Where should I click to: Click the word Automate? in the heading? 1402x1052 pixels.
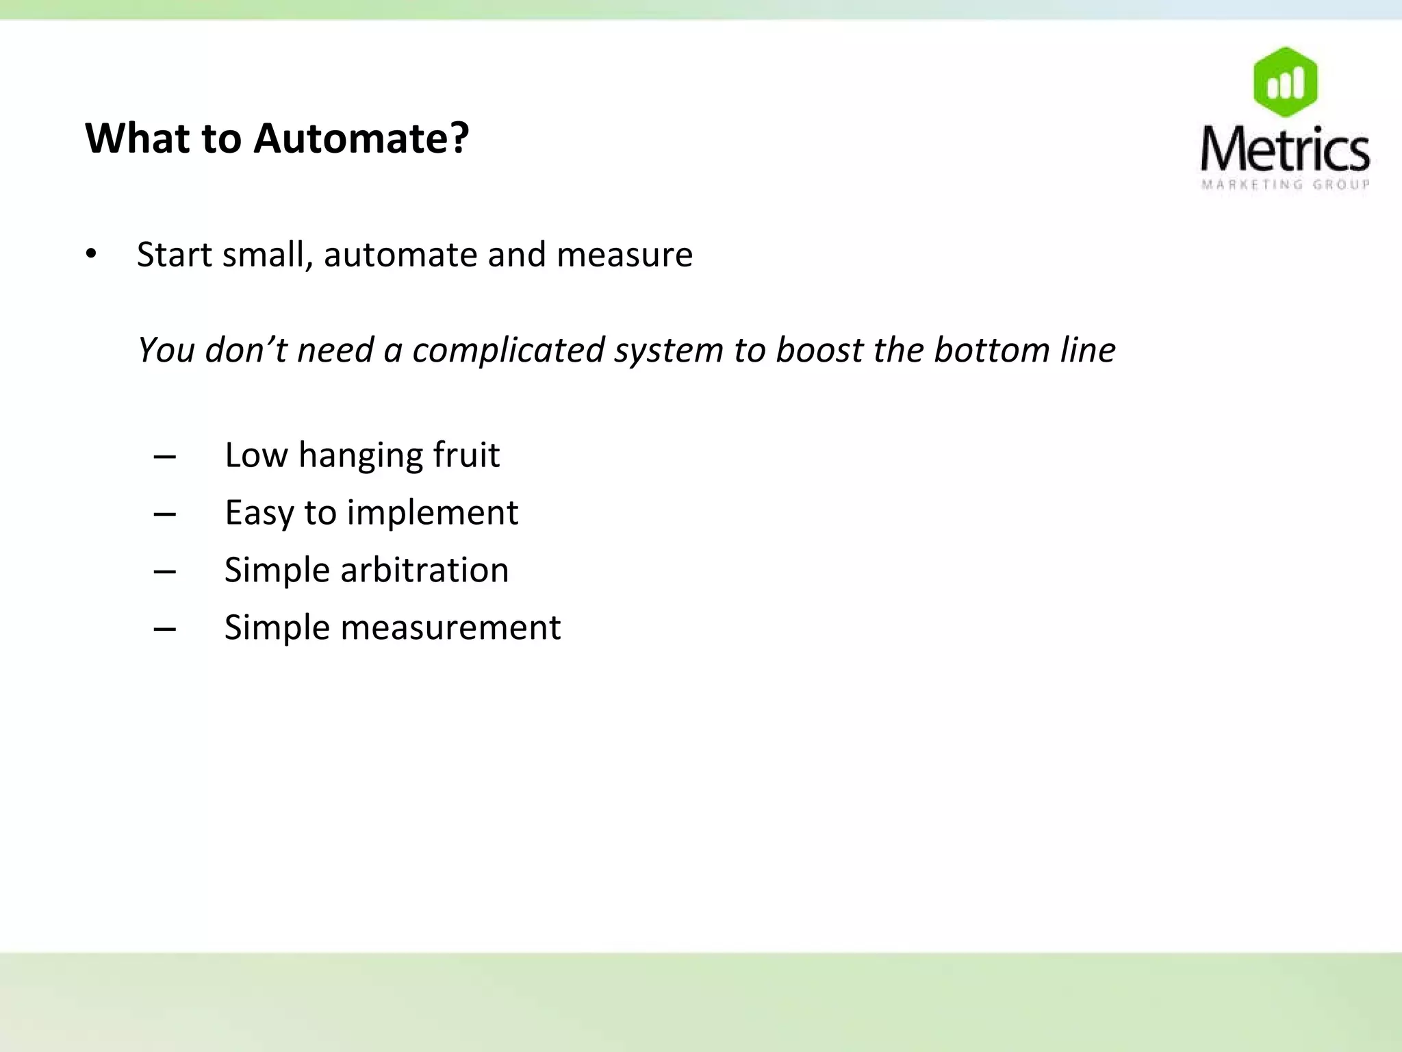pyautogui.click(x=361, y=138)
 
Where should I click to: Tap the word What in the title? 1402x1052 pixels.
pyautogui.click(x=137, y=138)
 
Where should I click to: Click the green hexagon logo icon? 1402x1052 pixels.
pyautogui.click(x=1285, y=82)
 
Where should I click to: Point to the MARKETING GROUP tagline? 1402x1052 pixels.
pyautogui.click(x=1285, y=184)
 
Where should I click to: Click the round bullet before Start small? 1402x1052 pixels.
pyautogui.click(x=91, y=255)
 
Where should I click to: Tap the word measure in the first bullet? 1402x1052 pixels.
pyautogui.click(x=624, y=255)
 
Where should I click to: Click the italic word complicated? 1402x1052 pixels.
pyautogui.click(x=508, y=350)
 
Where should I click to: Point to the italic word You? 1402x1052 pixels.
pyautogui.click(x=166, y=350)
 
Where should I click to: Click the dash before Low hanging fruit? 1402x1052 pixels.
pyautogui.click(x=165, y=456)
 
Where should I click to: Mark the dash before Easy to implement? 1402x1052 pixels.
pyautogui.click(x=165, y=514)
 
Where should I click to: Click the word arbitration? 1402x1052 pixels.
pyautogui.click(x=424, y=570)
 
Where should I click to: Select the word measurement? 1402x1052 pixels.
pyautogui.click(x=450, y=627)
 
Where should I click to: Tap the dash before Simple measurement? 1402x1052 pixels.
pyautogui.click(x=165, y=629)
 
